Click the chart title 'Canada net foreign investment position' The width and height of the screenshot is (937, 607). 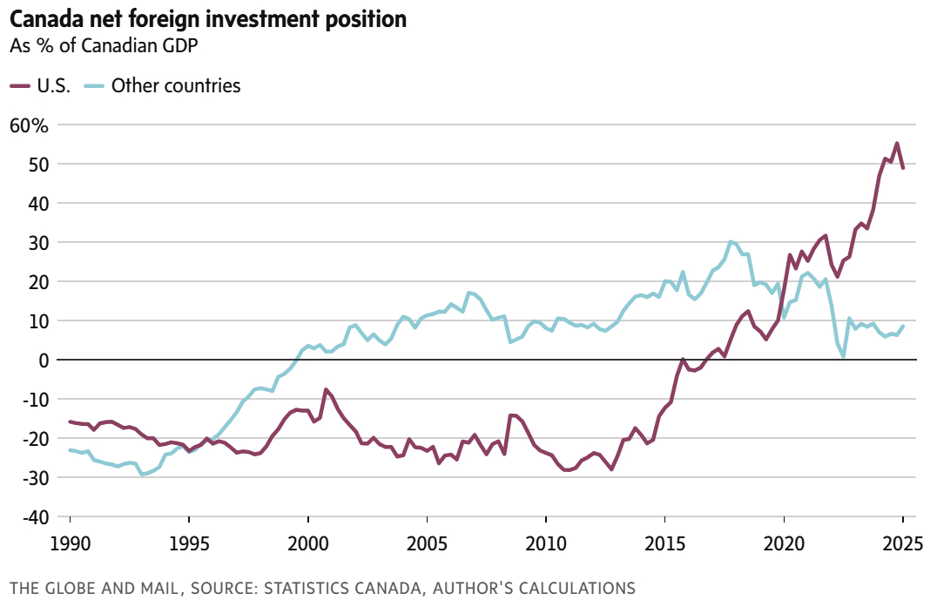click(x=208, y=19)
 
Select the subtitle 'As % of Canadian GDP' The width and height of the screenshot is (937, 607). click(x=104, y=46)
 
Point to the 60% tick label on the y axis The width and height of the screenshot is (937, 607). click(x=29, y=125)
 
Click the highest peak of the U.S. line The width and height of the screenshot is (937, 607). click(x=897, y=144)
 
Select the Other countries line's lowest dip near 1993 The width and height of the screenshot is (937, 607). click(x=142, y=474)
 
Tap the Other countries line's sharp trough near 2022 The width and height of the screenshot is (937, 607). click(x=844, y=356)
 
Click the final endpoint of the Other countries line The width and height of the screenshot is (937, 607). click(x=903, y=327)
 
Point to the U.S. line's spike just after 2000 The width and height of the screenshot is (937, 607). click(x=326, y=389)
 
